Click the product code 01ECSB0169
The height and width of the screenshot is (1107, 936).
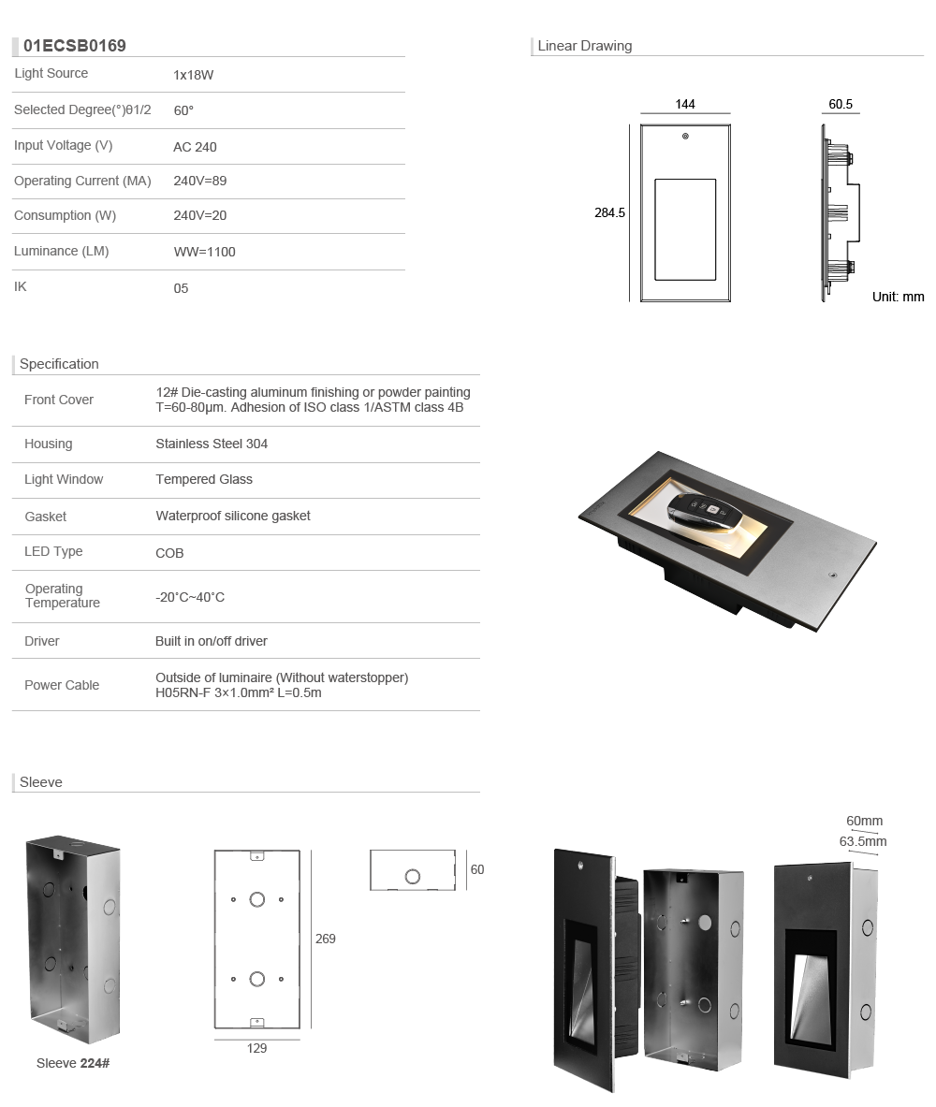(x=75, y=46)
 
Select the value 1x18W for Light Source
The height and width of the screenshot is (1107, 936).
(x=194, y=75)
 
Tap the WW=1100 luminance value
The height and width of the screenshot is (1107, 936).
(x=205, y=252)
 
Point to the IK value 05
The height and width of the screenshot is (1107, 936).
(x=182, y=288)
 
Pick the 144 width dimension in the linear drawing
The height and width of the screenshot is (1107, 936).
(x=685, y=105)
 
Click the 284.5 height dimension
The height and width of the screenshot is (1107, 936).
(x=609, y=213)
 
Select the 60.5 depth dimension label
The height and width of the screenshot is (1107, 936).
(x=841, y=105)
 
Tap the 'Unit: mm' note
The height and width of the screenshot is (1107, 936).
(x=898, y=297)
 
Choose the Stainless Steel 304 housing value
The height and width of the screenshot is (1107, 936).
(x=212, y=444)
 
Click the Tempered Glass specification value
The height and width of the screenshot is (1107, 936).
(x=204, y=479)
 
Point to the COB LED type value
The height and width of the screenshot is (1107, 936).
(x=169, y=553)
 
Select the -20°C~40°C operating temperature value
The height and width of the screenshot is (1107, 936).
(x=190, y=597)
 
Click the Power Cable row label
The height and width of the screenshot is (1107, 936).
(x=62, y=685)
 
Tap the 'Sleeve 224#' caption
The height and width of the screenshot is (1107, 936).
(x=73, y=1063)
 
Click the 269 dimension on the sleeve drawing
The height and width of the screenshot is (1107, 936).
(x=325, y=939)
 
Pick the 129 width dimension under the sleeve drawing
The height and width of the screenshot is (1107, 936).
(x=256, y=1048)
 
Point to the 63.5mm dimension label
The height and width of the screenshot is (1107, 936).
(x=862, y=841)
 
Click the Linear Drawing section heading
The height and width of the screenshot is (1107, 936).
(x=585, y=46)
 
